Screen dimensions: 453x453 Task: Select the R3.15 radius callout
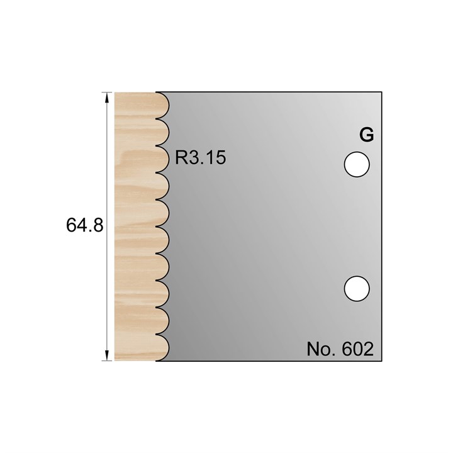click(x=200, y=157)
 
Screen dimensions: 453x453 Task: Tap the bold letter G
click(x=366, y=135)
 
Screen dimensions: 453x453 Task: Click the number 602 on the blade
click(x=359, y=349)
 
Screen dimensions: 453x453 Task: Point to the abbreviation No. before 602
click(x=322, y=349)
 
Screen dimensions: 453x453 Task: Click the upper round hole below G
click(x=356, y=164)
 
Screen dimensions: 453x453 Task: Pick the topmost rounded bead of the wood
click(x=162, y=105)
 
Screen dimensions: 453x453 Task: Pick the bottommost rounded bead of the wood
click(x=162, y=348)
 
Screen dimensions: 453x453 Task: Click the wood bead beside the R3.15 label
click(x=162, y=159)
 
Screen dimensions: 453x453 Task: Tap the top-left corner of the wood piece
click(x=115, y=92)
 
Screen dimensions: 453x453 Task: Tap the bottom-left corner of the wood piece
click(x=115, y=361)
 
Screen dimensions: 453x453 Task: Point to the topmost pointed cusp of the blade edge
click(x=157, y=119)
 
